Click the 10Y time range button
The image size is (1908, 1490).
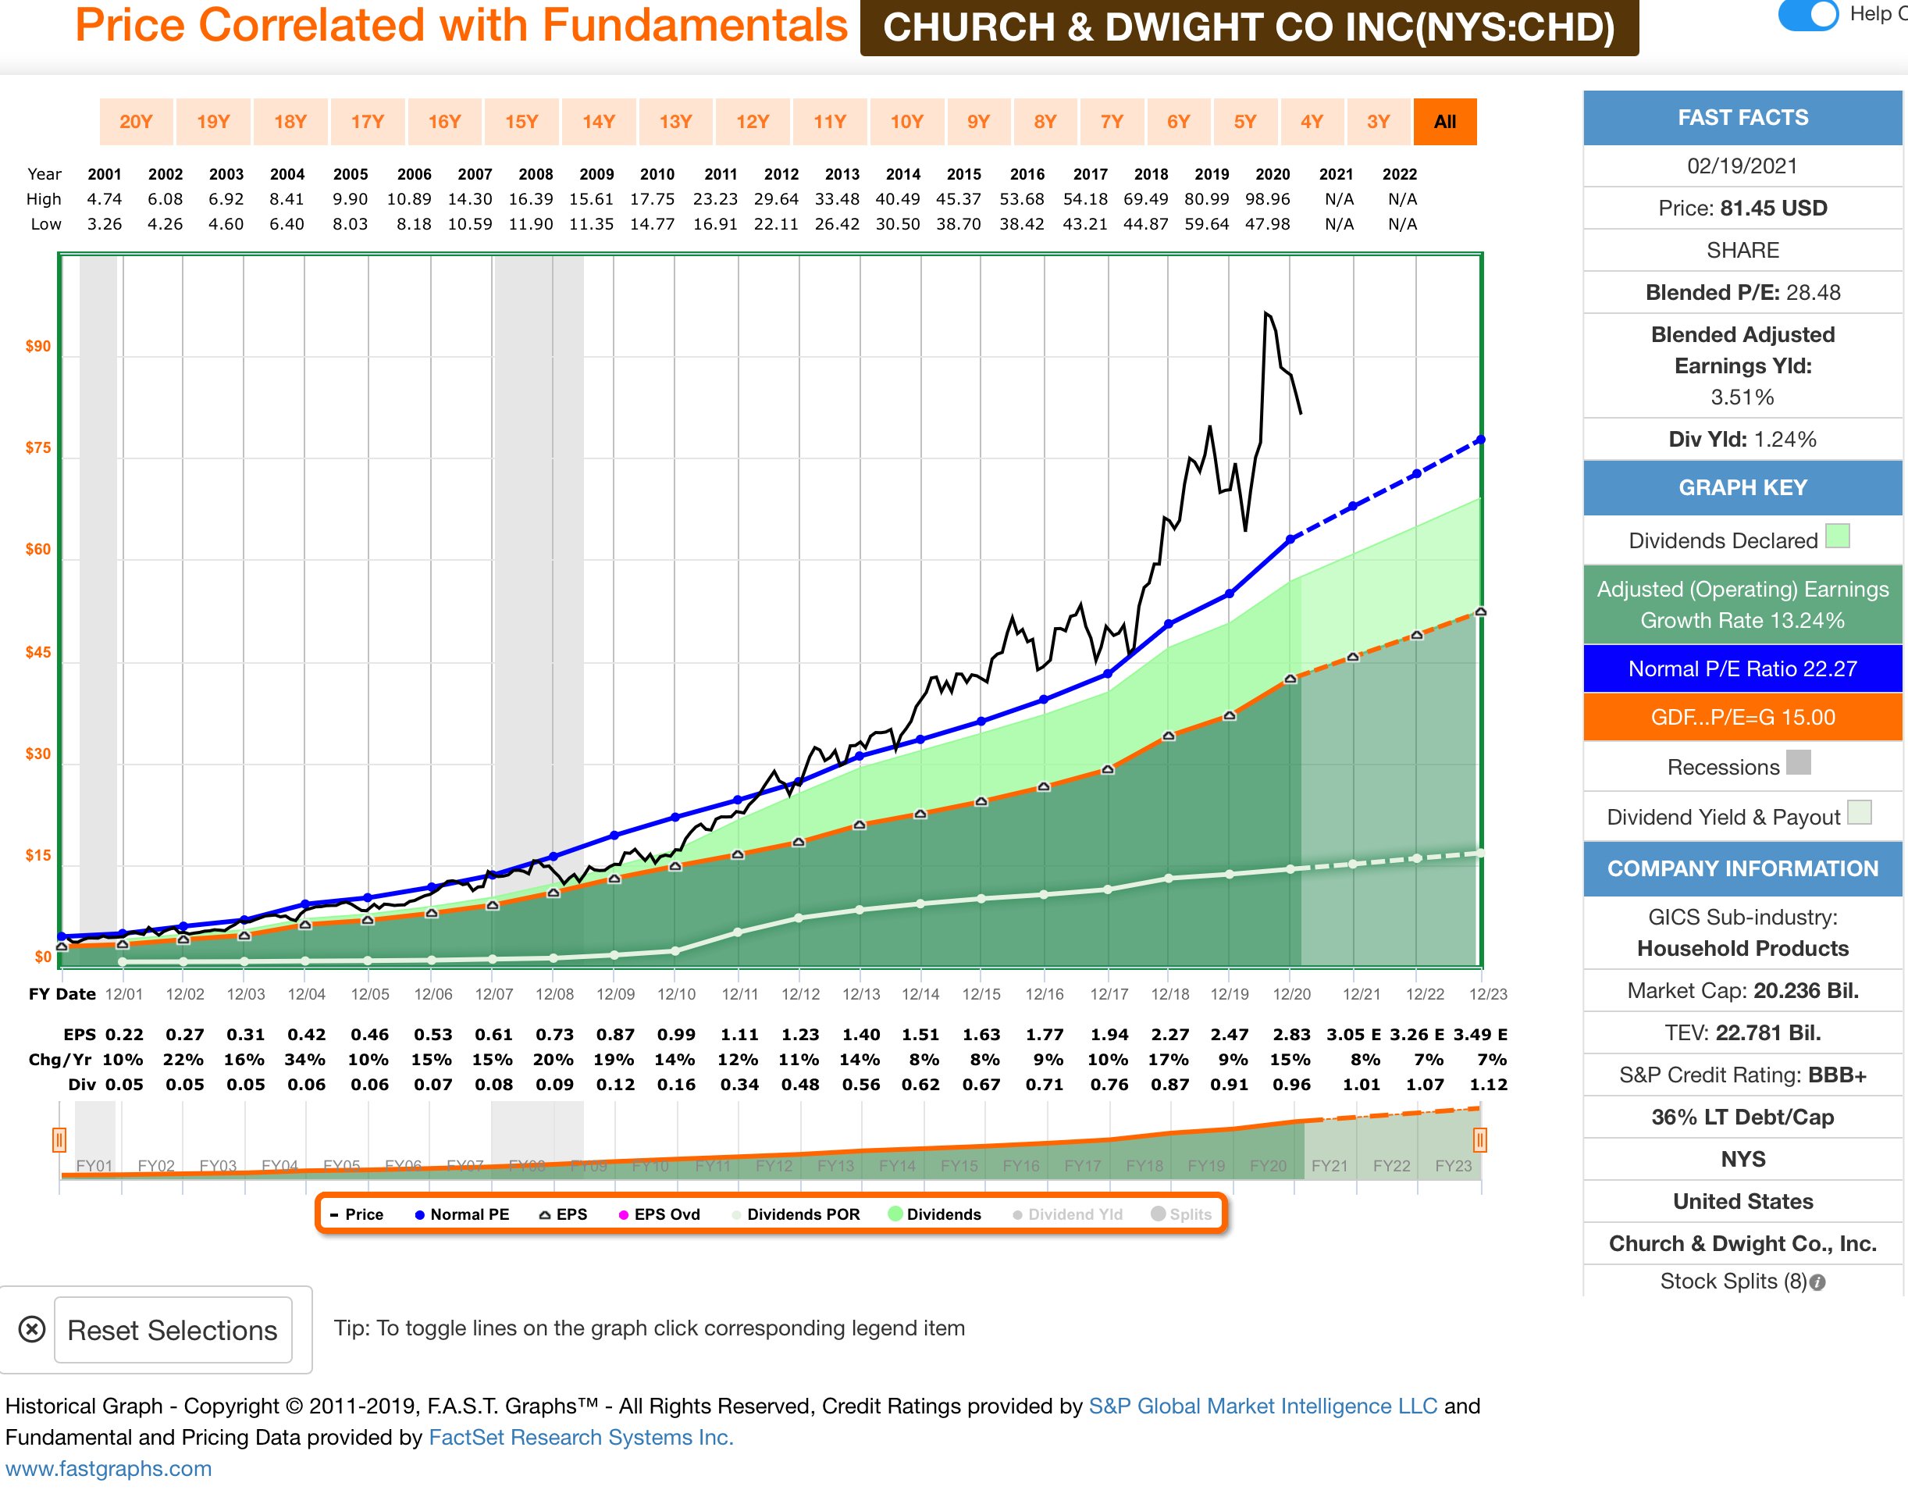(906, 122)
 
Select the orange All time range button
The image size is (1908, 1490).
(1444, 122)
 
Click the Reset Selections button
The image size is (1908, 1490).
(172, 1330)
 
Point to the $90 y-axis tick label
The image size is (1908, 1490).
(37, 346)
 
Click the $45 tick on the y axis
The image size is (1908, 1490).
(37, 652)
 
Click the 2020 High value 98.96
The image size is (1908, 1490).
(1268, 199)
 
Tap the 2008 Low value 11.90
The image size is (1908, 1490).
(531, 223)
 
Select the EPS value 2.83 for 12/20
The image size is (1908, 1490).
(1291, 1035)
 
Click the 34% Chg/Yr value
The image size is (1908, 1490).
(305, 1059)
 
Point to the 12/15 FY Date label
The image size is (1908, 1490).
(981, 993)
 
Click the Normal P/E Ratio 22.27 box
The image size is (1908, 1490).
(1742, 668)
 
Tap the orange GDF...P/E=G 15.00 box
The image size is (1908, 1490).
(1742, 718)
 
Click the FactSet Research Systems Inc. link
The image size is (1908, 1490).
(581, 1438)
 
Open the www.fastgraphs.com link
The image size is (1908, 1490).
(109, 1469)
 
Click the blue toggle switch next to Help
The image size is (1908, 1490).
(1808, 15)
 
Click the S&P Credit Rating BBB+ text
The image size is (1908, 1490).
(1742, 1075)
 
